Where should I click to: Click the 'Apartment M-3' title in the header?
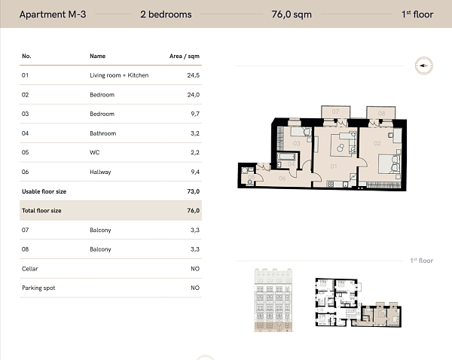coord(52,14)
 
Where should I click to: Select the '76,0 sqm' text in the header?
coord(291,14)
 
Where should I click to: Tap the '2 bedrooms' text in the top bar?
coord(166,14)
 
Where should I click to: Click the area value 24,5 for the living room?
coord(193,75)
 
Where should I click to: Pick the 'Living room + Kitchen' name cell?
coord(119,75)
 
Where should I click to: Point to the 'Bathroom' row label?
coord(103,133)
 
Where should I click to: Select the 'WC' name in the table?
coord(94,153)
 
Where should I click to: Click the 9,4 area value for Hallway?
coord(193,172)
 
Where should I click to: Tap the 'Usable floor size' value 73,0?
coord(193,191)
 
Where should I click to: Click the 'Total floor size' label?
coord(41,211)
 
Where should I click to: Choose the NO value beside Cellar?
coord(194,269)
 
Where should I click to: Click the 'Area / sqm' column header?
coord(185,56)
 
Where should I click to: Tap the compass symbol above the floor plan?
coord(423,66)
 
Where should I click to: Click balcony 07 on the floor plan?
coord(335,113)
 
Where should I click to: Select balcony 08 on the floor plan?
coord(381,114)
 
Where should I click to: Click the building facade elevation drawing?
coord(273,299)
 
